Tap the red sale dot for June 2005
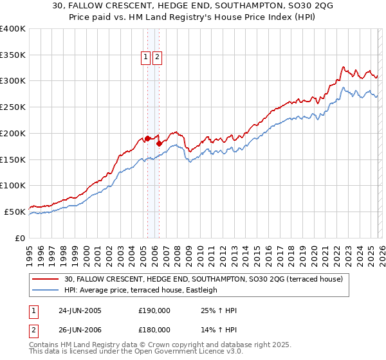[x=147, y=138]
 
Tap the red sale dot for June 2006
[x=159, y=143]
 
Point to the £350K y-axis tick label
[x=13, y=55]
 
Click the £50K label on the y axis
[x=15, y=212]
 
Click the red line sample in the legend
[x=46, y=279]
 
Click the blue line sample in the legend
[x=46, y=290]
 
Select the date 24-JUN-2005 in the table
[x=80, y=310]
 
